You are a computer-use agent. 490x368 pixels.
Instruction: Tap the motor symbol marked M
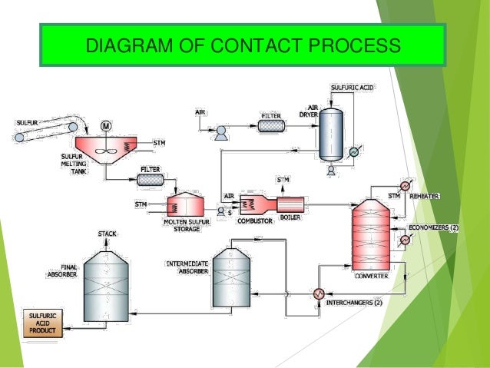(106, 125)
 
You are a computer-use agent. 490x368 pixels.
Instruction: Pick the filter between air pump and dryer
(272, 124)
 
